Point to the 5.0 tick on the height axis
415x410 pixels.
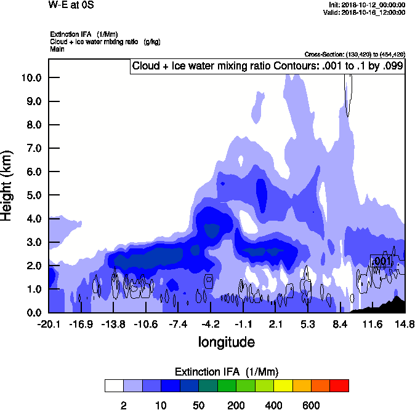click(x=31, y=195)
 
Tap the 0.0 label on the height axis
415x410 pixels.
click(x=31, y=313)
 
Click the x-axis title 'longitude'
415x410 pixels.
click(x=227, y=341)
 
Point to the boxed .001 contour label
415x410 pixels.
click(x=382, y=261)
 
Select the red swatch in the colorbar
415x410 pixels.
click(x=339, y=386)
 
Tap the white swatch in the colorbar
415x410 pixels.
click(x=114, y=386)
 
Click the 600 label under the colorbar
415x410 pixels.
click(x=311, y=405)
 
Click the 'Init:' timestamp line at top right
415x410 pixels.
click(x=367, y=5)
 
